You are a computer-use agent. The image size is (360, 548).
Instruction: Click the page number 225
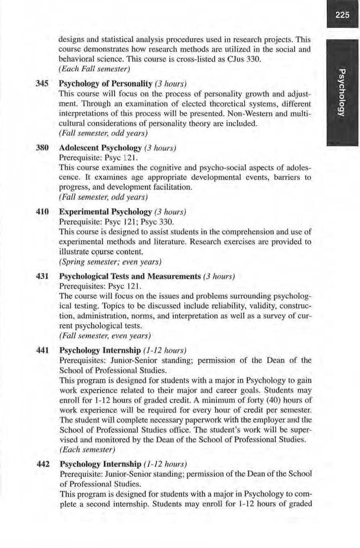(342, 16)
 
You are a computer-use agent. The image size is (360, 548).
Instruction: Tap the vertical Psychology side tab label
(342, 94)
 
